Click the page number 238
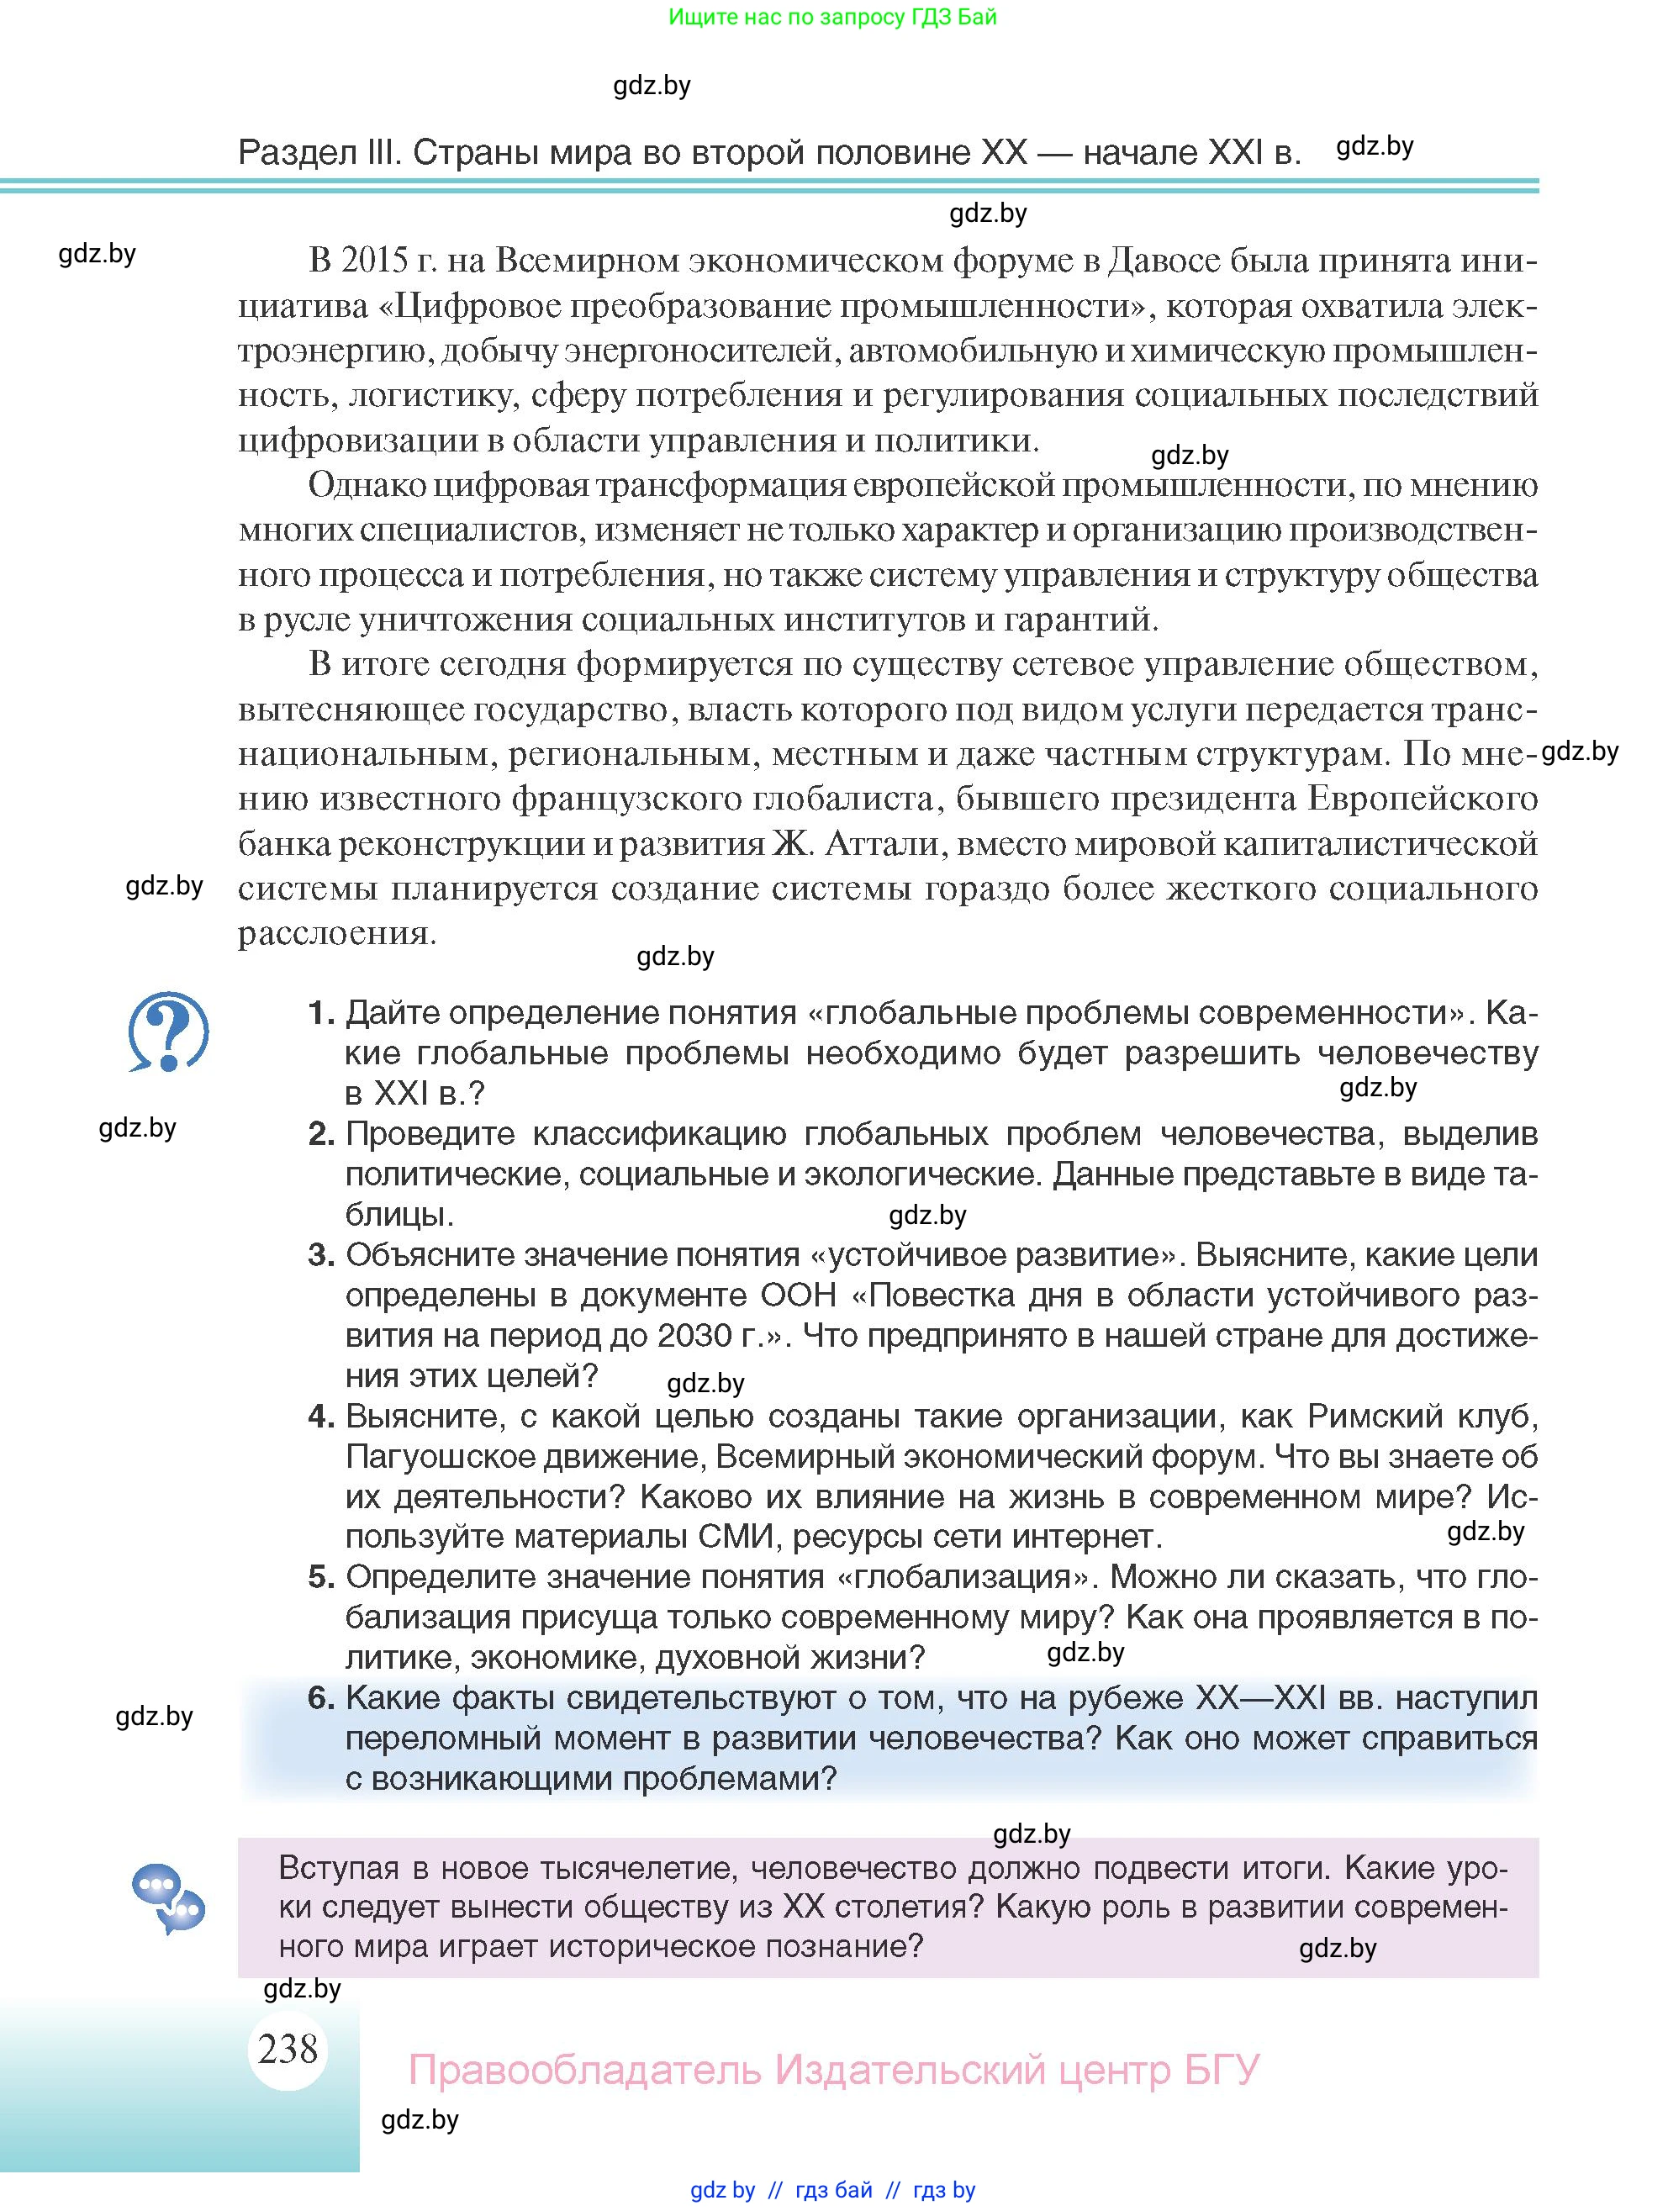click(288, 2048)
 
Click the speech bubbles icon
click(168, 1897)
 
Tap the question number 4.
click(319, 1416)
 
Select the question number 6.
click(319, 1697)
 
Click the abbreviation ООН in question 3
click(799, 1295)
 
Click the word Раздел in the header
click(297, 152)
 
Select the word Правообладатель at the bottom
click(584, 2069)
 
